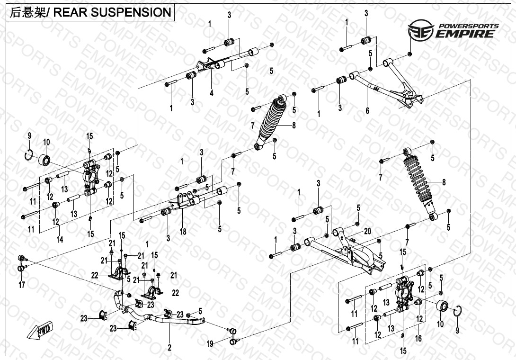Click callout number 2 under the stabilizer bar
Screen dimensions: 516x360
click(169, 347)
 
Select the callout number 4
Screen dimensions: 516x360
click(212, 93)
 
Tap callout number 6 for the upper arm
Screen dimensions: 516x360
click(367, 111)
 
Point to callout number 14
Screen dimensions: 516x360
click(60, 240)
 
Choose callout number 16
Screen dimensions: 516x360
click(418, 338)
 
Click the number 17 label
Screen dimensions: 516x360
click(22, 285)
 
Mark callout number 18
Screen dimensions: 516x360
click(183, 232)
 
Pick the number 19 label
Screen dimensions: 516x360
click(210, 344)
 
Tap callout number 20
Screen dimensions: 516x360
click(367, 231)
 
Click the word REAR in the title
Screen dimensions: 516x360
click(70, 12)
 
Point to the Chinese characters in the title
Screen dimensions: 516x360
click(27, 12)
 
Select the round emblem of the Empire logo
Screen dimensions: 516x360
click(421, 30)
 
